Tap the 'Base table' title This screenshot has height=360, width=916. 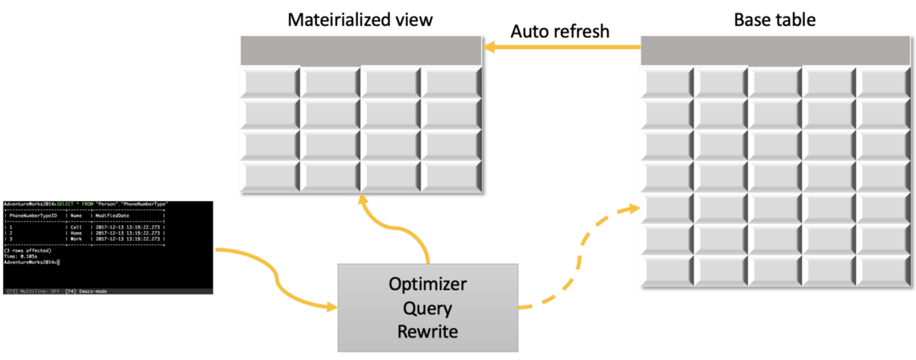(x=774, y=19)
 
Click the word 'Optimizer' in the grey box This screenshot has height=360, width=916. (x=428, y=284)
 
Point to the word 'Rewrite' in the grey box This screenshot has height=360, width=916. (x=428, y=331)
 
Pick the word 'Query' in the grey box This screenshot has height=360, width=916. (x=428, y=308)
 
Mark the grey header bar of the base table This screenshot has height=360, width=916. (x=777, y=52)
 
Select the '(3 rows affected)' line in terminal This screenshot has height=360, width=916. (x=21, y=250)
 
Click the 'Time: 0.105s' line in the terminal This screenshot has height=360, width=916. (x=19, y=256)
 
